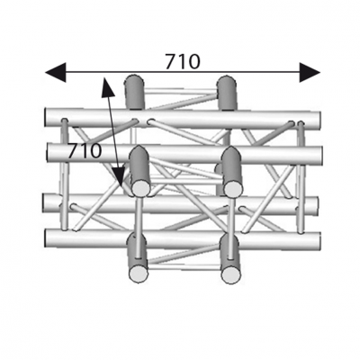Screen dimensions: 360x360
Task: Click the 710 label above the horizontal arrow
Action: pos(183,62)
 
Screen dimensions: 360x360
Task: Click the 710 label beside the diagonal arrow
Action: pos(85,151)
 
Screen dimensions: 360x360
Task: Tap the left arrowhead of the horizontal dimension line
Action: pos(55,72)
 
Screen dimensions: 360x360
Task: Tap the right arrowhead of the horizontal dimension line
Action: pos(310,72)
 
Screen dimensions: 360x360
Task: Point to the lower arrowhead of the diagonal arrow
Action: pos(118,177)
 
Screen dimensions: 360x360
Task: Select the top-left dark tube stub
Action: pos(134,93)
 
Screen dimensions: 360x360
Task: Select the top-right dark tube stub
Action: pos(227,93)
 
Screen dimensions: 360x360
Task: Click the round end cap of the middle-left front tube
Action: pos(140,188)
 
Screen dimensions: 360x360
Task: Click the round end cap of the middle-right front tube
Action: pos(233,188)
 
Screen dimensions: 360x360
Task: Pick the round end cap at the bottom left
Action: pos(139,274)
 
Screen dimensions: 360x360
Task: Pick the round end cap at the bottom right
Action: pos(230,274)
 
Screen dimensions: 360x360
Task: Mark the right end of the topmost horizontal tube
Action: pos(319,120)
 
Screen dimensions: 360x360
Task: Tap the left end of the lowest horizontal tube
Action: pos(47,238)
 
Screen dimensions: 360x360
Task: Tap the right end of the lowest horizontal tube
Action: pos(319,240)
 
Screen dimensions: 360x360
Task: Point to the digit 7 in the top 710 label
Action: pos(171,62)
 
